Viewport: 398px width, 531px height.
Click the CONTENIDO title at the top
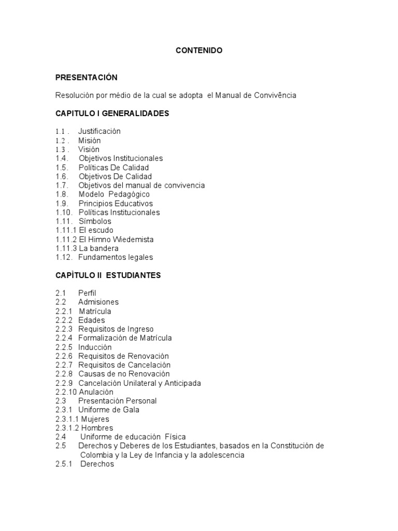tap(199, 50)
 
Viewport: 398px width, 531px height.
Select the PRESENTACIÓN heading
tap(87, 78)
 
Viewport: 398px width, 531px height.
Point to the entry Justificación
tap(99, 132)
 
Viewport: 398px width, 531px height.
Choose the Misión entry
tap(90, 141)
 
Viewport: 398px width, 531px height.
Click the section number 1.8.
tap(62, 194)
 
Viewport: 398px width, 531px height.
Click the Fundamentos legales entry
tap(116, 257)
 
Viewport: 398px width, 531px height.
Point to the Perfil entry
tap(88, 293)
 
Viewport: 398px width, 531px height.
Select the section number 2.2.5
tap(64, 347)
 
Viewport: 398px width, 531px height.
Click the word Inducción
tap(95, 347)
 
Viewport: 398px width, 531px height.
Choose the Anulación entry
tap(96, 392)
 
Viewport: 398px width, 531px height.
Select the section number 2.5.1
tap(64, 464)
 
